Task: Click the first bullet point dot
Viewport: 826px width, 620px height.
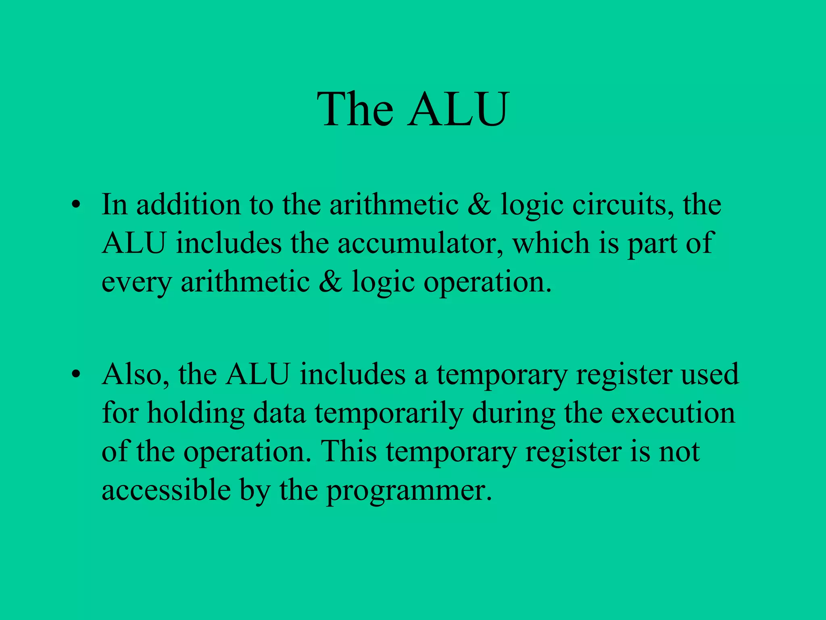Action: click(x=75, y=205)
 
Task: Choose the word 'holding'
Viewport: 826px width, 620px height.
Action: click(x=196, y=414)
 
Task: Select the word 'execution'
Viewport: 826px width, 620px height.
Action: click(x=673, y=413)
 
